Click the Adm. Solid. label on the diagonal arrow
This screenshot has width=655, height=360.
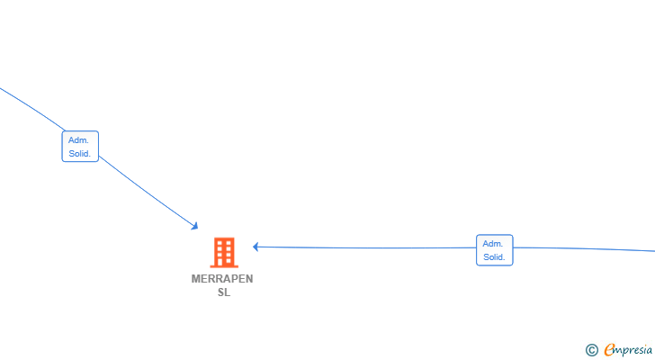pyautogui.click(x=80, y=146)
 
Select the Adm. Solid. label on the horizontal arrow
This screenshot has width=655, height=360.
pyautogui.click(x=495, y=249)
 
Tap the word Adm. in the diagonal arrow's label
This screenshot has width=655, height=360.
pyautogui.click(x=78, y=139)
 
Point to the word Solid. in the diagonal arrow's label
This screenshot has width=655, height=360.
pyautogui.click(x=79, y=153)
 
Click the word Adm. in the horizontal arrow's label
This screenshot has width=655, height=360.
pyautogui.click(x=493, y=244)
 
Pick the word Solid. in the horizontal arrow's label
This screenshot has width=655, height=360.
pyautogui.click(x=494, y=256)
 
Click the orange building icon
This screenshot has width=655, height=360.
pyautogui.click(x=224, y=253)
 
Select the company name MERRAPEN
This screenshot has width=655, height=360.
pyautogui.click(x=222, y=279)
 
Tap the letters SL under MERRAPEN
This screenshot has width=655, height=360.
pyautogui.click(x=224, y=292)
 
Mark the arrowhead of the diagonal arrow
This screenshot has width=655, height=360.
pyautogui.click(x=194, y=227)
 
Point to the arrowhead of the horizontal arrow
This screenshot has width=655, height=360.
pyautogui.click(x=256, y=247)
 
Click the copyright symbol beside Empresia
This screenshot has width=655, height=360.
pyautogui.click(x=591, y=350)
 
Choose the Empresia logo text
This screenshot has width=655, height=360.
pyautogui.click(x=628, y=350)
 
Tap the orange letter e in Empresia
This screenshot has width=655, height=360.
pyautogui.click(x=609, y=349)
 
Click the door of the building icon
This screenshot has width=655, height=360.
pyautogui.click(x=224, y=262)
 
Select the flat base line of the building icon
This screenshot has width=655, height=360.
pyautogui.click(x=224, y=266)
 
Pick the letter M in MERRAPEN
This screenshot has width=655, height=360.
pyautogui.click(x=195, y=279)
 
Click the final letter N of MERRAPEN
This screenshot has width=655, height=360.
pyautogui.click(x=249, y=279)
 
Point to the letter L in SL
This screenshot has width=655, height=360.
pyautogui.click(x=228, y=292)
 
